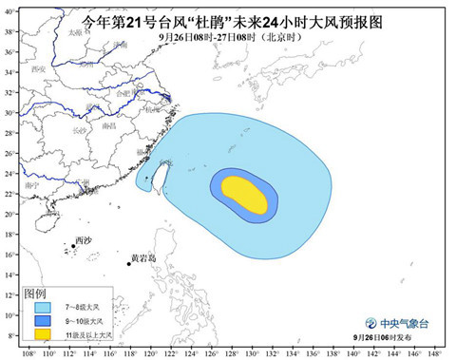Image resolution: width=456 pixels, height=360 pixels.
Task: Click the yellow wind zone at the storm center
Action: point(243,195)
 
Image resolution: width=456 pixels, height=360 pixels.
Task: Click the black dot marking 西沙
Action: point(72,247)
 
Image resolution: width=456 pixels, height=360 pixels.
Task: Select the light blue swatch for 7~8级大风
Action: point(42,308)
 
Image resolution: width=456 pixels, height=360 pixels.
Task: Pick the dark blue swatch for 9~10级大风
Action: point(42,322)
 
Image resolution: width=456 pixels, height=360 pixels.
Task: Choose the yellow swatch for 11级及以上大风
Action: point(42,335)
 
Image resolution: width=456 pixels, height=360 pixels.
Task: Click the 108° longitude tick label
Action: point(28,353)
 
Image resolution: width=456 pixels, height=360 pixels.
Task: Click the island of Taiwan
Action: point(158,175)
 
